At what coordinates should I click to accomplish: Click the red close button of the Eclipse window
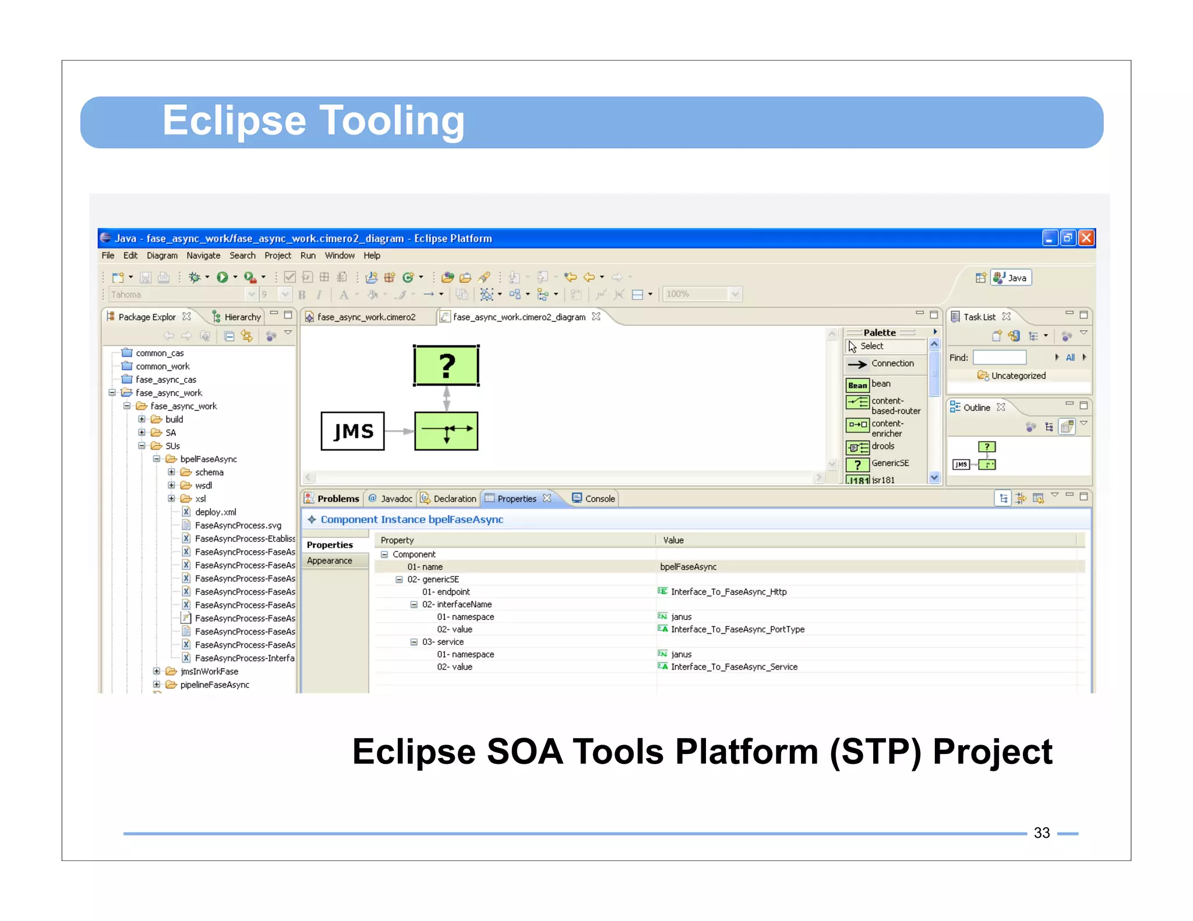tap(1086, 238)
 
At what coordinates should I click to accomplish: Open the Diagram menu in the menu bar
tap(162, 256)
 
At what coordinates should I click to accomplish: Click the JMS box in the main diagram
tap(352, 431)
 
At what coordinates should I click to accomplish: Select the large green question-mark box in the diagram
tap(446, 366)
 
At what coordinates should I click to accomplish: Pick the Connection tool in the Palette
tap(892, 364)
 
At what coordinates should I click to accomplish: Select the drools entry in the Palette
tap(883, 447)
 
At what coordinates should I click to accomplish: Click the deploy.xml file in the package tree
tap(216, 512)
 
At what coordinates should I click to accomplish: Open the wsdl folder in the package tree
tap(203, 486)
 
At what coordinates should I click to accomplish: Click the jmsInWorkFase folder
tap(209, 672)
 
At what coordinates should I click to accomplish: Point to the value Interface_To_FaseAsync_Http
tap(728, 592)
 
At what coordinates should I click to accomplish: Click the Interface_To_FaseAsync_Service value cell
tap(734, 667)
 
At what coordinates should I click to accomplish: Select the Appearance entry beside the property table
tap(330, 561)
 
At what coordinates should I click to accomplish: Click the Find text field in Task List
tap(999, 357)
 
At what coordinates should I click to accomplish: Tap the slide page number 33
tap(1042, 833)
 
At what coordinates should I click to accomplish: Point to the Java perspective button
tap(1011, 278)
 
